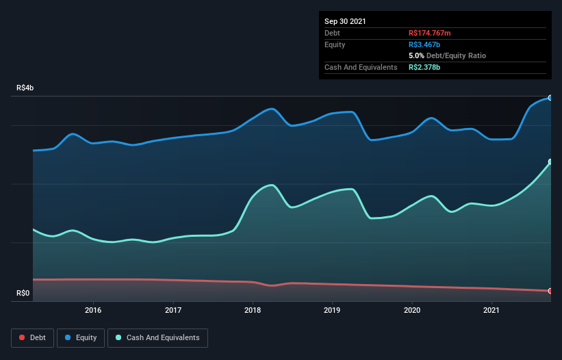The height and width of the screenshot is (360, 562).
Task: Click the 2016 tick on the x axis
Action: point(93,310)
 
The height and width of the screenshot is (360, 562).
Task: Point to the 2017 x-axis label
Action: point(173,310)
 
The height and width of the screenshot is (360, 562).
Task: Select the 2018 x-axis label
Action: point(253,310)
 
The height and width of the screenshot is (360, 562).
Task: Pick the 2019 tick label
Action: point(332,310)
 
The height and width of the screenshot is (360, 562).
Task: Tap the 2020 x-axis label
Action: point(412,310)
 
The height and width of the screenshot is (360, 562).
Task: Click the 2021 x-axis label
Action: point(491,310)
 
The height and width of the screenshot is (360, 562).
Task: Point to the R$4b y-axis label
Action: point(25,88)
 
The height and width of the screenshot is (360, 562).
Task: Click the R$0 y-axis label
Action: point(23,294)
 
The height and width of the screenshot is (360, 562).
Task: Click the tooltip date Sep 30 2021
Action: point(345,21)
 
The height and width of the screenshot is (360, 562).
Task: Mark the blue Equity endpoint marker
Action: point(550,98)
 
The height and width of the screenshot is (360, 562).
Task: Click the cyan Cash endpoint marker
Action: point(550,162)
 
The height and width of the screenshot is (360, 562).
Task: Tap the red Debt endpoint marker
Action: point(550,291)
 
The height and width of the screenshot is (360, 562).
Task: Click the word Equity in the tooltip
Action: point(335,44)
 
